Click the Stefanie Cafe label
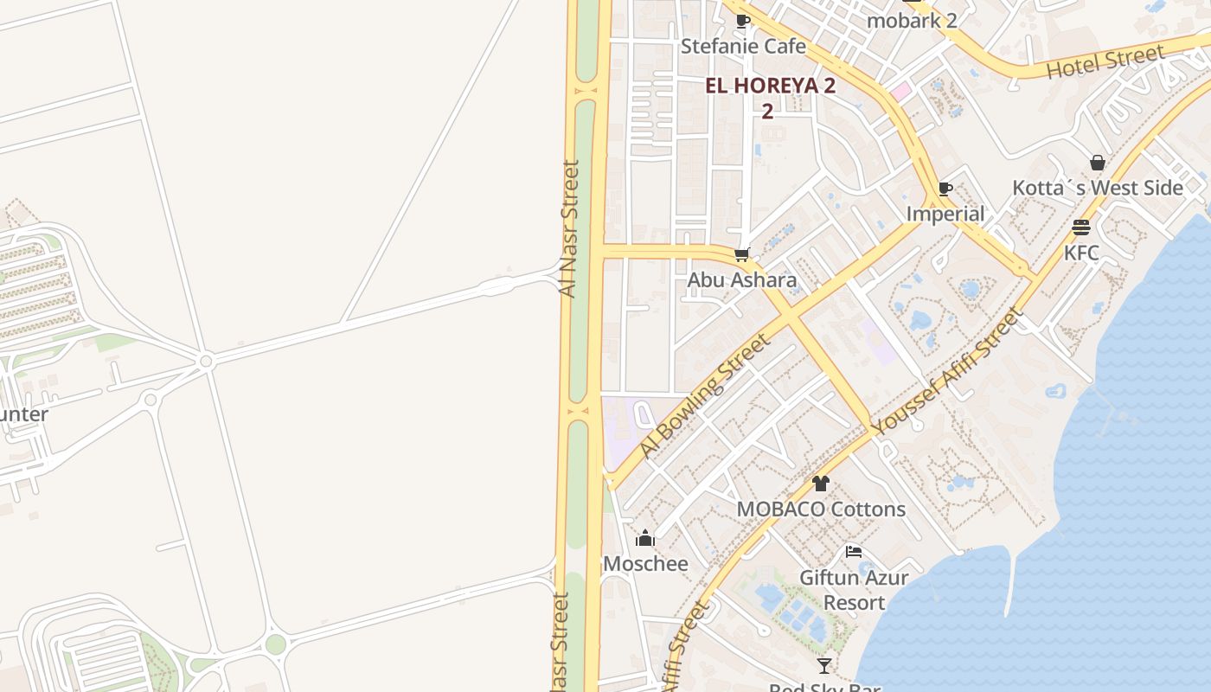click(x=743, y=46)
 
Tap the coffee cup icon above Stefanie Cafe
click(x=742, y=21)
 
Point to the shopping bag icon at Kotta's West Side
click(x=1098, y=163)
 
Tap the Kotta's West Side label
click(x=1098, y=188)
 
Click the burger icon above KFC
click(x=1081, y=227)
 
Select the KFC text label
click(x=1081, y=253)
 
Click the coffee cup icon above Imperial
click(x=945, y=189)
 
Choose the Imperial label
click(x=945, y=214)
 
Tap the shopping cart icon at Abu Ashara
click(x=741, y=255)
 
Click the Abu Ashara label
click(x=741, y=280)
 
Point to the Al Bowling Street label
click(x=704, y=395)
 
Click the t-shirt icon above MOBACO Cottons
click(x=821, y=484)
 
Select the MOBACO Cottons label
click(x=821, y=509)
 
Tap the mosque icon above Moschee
click(x=645, y=539)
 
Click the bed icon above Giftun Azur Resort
click(x=854, y=552)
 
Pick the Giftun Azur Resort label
click(x=854, y=589)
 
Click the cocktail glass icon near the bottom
click(x=824, y=665)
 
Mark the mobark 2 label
click(x=912, y=20)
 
